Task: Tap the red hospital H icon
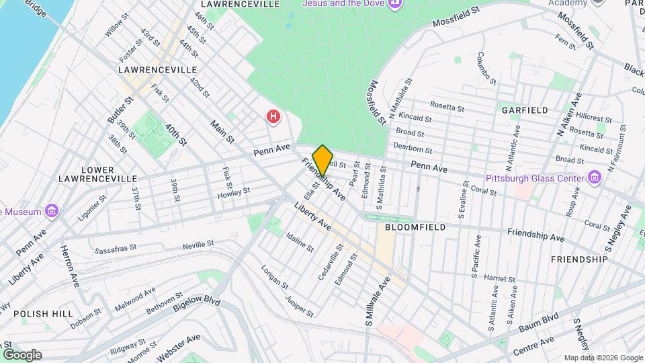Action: click(x=273, y=116)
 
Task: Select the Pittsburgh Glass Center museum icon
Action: click(x=594, y=178)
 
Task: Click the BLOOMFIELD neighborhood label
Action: click(x=415, y=228)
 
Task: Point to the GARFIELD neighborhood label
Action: click(x=524, y=110)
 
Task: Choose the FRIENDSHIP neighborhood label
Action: click(x=578, y=259)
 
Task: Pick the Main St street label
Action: click(x=222, y=132)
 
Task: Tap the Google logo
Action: click(x=22, y=355)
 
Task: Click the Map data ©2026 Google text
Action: click(x=603, y=358)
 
